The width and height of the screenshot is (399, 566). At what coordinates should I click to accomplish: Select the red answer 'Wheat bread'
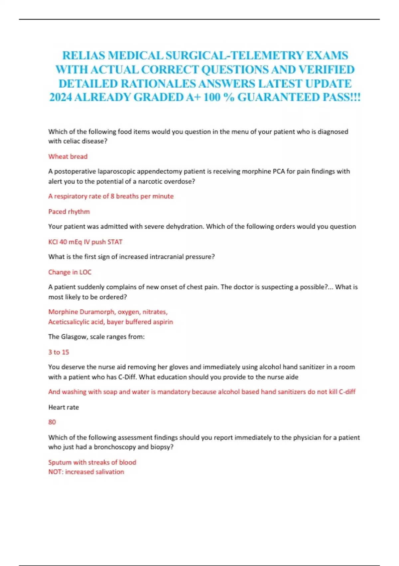68,156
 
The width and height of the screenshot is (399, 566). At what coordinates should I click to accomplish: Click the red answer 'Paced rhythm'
69,211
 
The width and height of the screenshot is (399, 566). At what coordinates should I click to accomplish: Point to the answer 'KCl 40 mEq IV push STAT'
85,242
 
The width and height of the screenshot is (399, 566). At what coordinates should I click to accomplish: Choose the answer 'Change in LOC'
70,272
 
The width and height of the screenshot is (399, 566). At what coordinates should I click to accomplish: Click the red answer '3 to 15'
59,352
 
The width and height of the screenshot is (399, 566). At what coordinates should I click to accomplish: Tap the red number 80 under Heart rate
52,422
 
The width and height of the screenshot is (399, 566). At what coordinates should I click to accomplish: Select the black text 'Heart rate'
64,407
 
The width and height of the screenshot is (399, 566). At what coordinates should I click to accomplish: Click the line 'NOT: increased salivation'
86,472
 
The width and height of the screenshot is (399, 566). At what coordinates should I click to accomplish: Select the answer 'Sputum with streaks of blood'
92,462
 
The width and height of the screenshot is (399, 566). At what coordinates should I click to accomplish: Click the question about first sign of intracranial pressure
131,257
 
